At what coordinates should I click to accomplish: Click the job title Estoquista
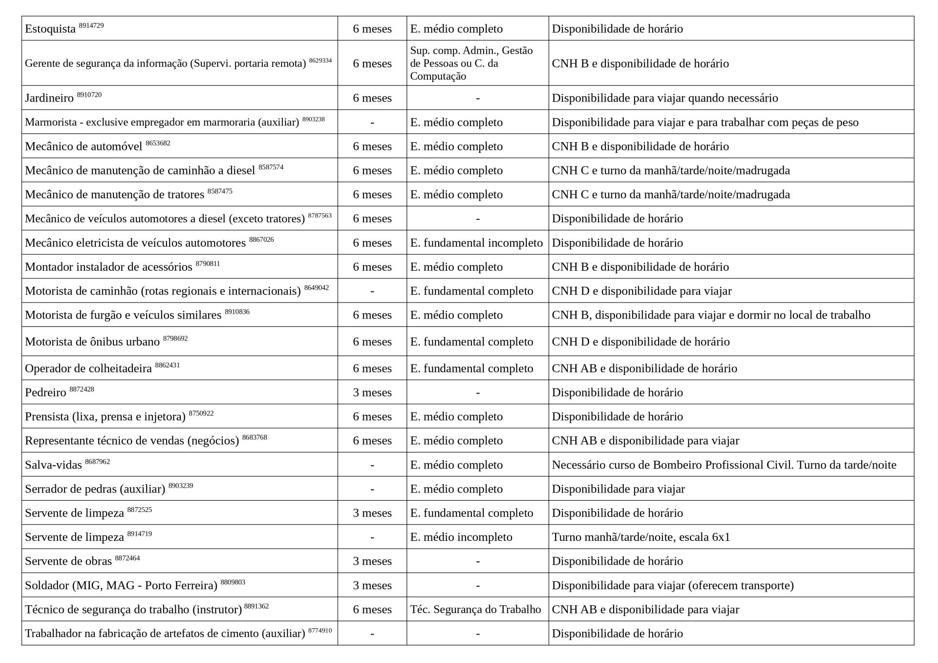[x=50, y=29]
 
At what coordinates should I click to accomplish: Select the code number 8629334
[x=320, y=61]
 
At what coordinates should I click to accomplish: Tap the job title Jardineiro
[x=49, y=98]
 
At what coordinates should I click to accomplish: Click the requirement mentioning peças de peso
[x=705, y=122]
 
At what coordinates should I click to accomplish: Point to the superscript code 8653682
[x=158, y=143]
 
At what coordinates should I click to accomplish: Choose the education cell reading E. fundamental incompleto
[x=476, y=243]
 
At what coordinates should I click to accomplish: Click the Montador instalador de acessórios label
[x=108, y=267]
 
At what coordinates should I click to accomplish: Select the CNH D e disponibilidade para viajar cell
[x=641, y=291]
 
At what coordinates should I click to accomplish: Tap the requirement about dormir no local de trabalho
[x=711, y=315]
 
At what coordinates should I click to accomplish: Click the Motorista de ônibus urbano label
[x=92, y=342]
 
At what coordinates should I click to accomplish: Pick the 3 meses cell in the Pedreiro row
[x=372, y=393]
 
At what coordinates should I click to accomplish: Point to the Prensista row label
[x=105, y=417]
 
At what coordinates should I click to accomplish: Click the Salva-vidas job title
[x=53, y=465]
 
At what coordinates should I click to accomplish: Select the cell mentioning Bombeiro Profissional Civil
[x=724, y=465]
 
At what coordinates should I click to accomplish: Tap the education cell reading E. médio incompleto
[x=461, y=537]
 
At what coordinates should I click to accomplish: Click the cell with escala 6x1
[x=640, y=537]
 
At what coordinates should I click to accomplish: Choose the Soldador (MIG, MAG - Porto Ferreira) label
[x=121, y=586]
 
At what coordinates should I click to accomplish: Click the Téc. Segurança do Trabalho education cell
[x=475, y=610]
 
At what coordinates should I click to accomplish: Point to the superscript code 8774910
[x=320, y=631]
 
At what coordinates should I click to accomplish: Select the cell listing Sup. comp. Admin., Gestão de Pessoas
[x=471, y=63]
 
